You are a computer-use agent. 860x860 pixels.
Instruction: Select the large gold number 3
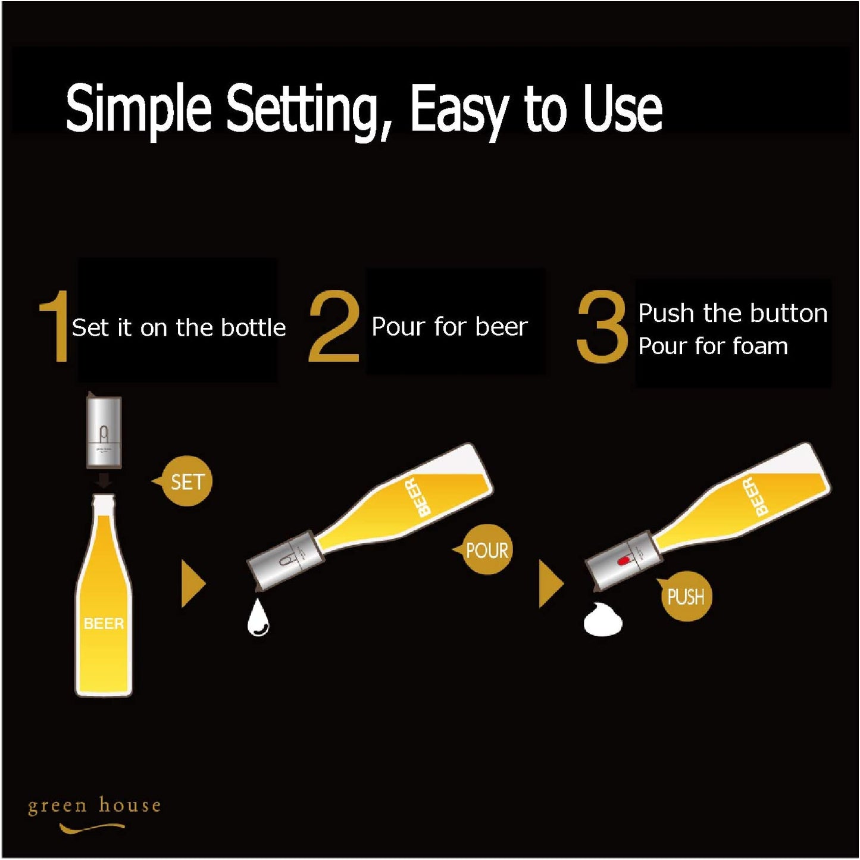pos(602,326)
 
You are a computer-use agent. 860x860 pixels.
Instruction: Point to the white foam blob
pos(602,618)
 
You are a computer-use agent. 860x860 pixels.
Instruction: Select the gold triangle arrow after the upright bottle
pos(193,584)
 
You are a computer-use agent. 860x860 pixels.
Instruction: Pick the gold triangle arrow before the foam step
pos(551,584)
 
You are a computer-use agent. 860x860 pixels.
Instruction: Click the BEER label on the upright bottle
pos(104,623)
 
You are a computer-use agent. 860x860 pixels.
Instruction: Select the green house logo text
pos(94,806)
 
